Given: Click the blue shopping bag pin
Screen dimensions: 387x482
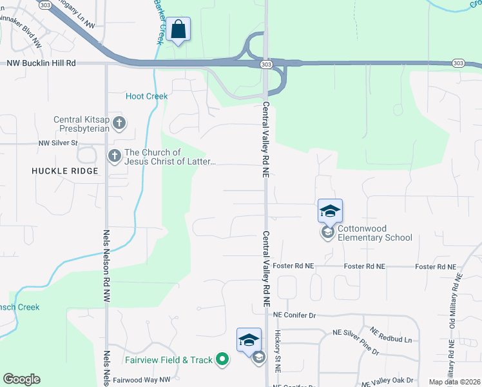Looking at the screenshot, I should (x=178, y=30).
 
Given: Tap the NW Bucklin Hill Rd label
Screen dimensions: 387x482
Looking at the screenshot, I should (x=41, y=63).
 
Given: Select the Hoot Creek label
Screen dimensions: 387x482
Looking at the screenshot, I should (x=146, y=96).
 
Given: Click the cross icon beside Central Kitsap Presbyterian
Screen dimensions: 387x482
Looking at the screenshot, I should (x=118, y=122).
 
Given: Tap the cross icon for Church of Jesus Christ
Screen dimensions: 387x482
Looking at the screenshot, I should (x=114, y=156).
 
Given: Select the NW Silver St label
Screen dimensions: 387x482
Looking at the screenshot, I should (x=58, y=143).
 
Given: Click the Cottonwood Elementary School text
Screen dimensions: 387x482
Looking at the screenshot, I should (x=376, y=233).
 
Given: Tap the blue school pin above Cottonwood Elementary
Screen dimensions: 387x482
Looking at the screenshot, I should (x=329, y=211).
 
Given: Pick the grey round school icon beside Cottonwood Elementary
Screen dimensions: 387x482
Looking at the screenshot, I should (x=328, y=232).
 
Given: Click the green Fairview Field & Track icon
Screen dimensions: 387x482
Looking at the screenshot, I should (x=222, y=359).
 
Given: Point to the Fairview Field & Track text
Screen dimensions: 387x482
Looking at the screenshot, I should (x=170, y=359).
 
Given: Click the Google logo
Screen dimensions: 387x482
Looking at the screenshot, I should (x=21, y=379).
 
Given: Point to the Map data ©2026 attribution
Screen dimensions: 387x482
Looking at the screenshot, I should (x=454, y=382).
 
